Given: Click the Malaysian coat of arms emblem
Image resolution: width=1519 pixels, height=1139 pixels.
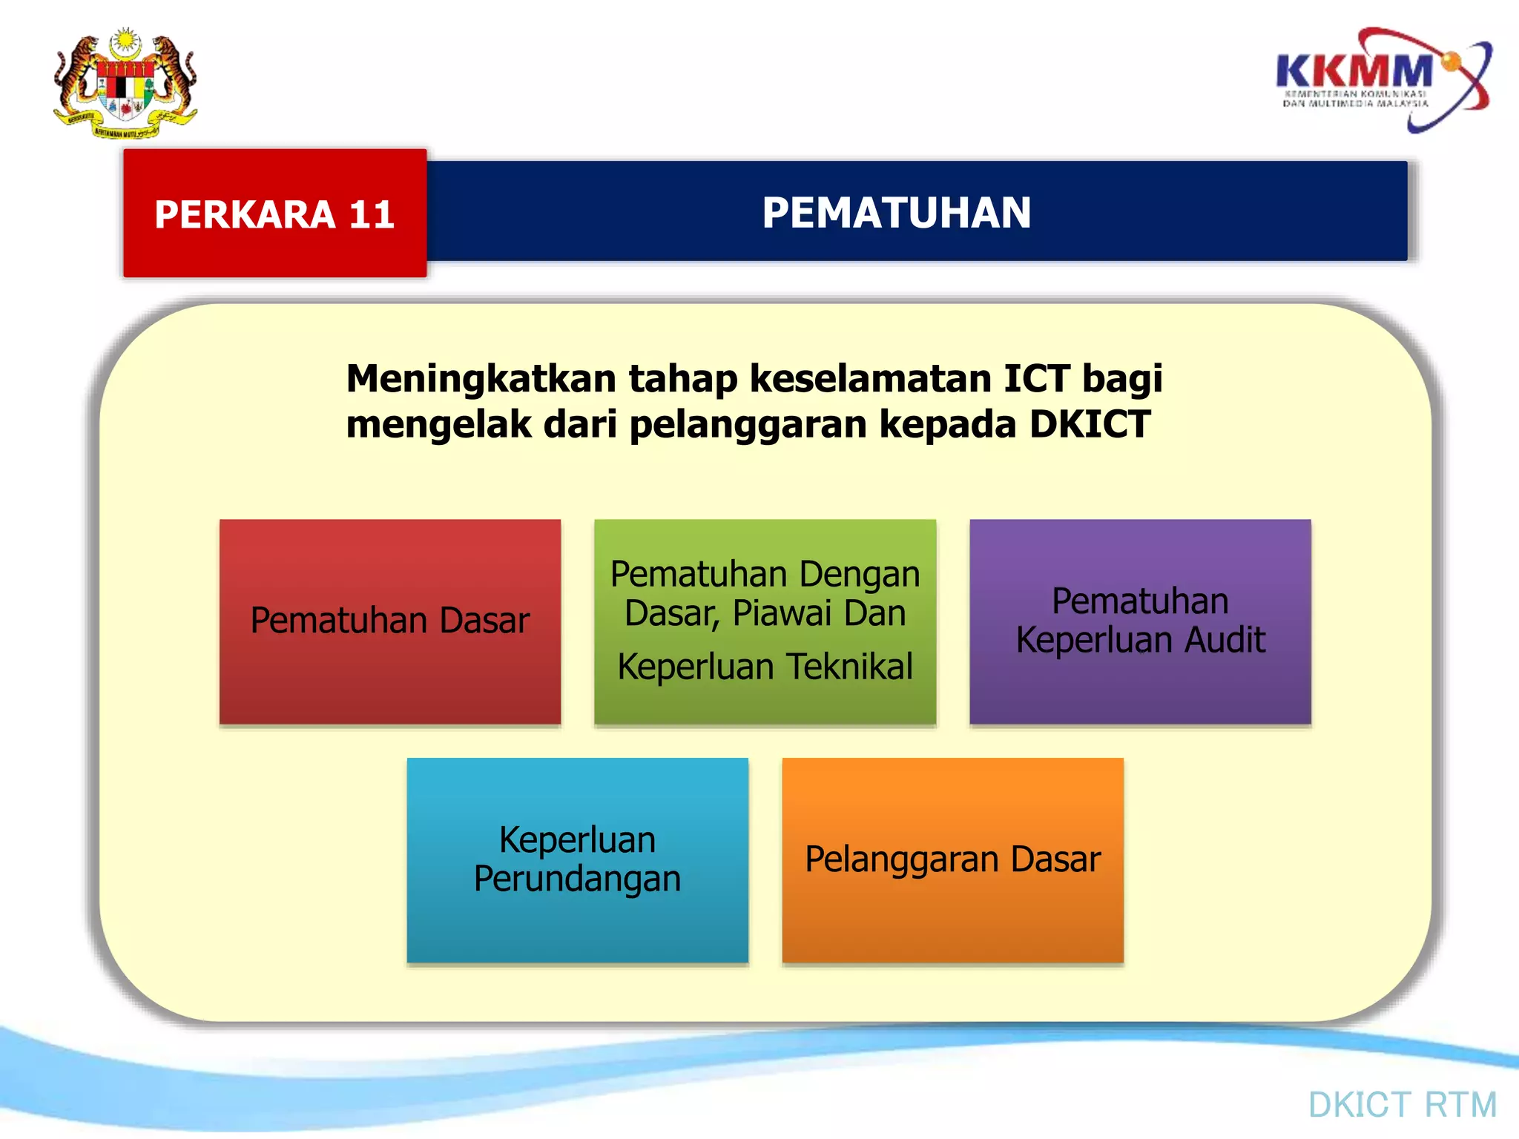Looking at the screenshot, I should tap(125, 83).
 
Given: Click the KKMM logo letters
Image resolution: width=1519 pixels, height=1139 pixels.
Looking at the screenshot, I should tap(1354, 71).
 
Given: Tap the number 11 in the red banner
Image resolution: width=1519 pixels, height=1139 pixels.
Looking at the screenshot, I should tap(371, 215).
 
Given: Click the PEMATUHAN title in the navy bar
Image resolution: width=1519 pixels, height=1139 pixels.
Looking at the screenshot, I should tap(896, 213).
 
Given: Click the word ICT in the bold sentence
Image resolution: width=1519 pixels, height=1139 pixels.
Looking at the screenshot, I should tap(1037, 378).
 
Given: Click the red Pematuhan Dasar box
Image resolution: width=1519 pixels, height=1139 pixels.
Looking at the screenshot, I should tap(390, 621).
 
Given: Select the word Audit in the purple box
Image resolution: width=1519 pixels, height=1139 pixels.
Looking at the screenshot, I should tap(1224, 640).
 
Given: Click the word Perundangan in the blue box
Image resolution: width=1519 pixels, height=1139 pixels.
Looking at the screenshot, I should tap(577, 879).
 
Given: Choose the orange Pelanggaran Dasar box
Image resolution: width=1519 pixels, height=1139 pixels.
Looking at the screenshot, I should tap(952, 860).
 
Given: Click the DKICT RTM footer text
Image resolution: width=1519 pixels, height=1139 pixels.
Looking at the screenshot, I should tap(1402, 1105).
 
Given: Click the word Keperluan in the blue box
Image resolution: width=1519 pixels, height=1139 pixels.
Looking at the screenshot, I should tap(577, 840).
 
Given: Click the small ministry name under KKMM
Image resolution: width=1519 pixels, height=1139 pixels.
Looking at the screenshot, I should tap(1355, 99).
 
